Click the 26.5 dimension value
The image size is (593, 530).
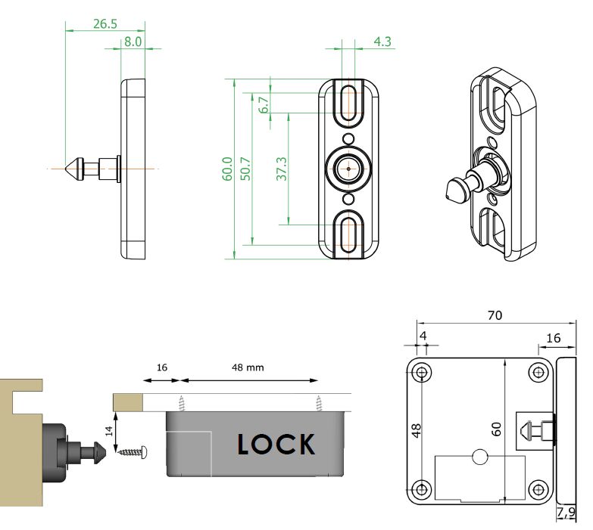105,23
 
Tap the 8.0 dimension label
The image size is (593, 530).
133,42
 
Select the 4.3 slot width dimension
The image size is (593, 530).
382,42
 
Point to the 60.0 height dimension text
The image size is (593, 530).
226,168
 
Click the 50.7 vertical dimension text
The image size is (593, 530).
245,168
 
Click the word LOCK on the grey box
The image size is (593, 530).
276,444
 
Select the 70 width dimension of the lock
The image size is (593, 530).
495,315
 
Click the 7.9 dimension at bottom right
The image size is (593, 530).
565,514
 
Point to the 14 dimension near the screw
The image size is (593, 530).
108,432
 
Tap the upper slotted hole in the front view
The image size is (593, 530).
350,101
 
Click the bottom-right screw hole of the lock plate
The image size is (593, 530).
539,487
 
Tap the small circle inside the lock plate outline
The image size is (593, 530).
479,456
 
